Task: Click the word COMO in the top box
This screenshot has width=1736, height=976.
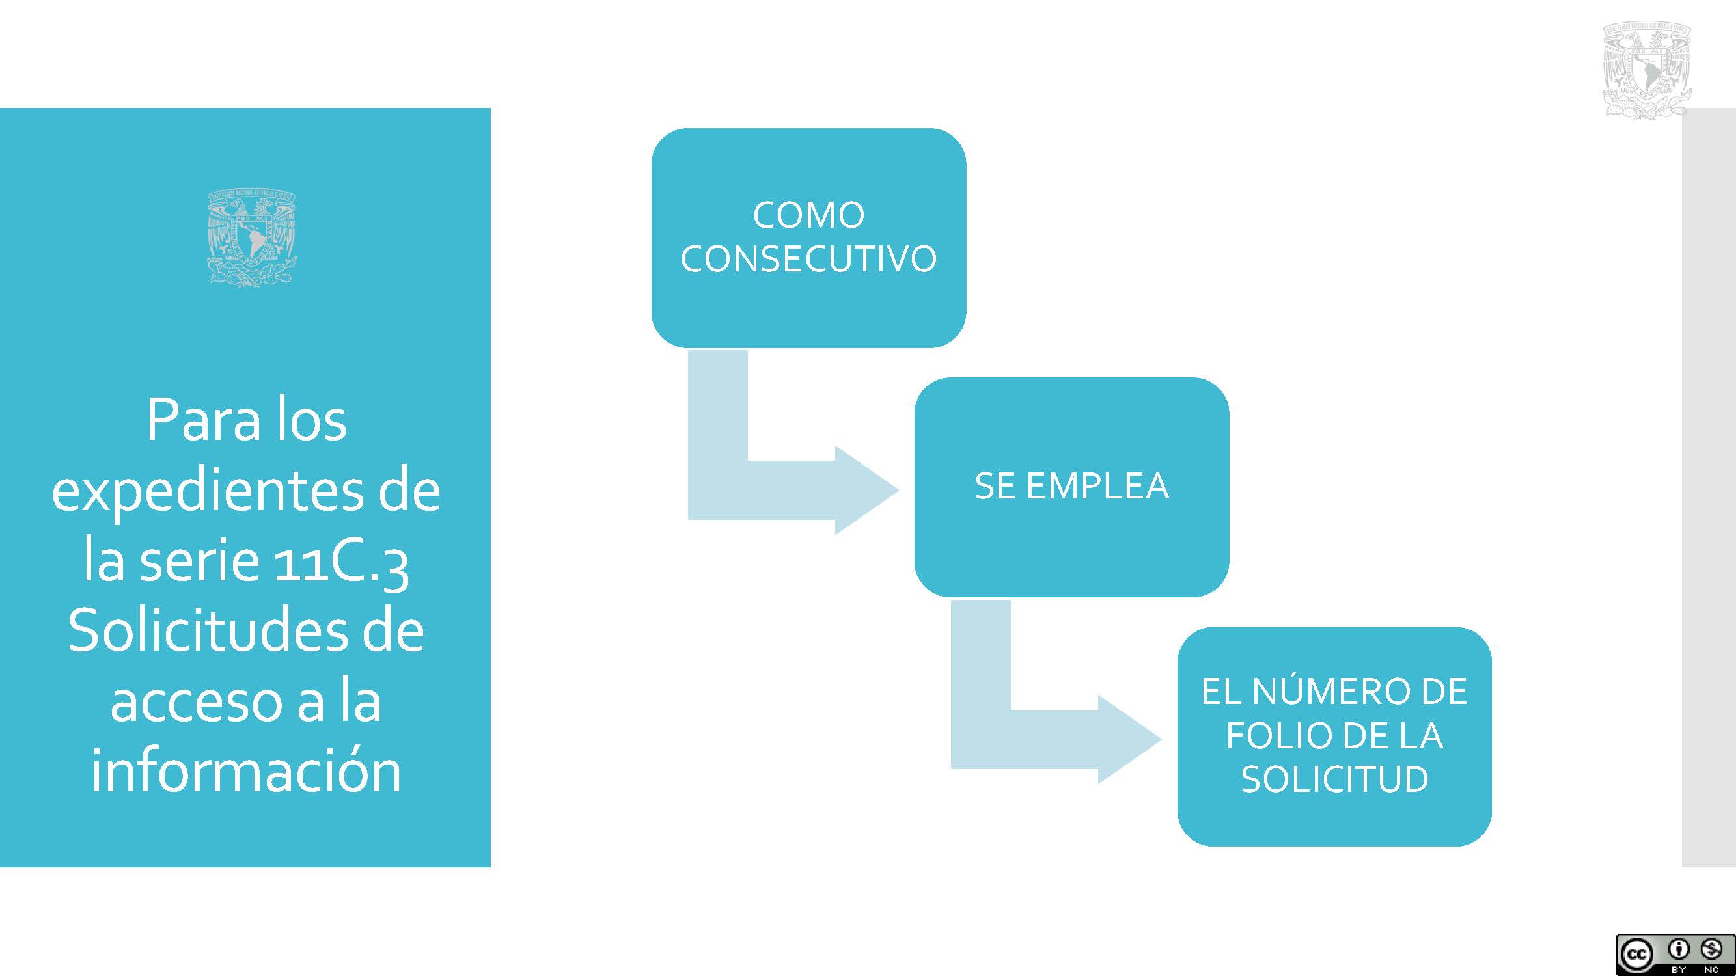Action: point(808,215)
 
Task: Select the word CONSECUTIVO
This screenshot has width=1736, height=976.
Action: point(808,259)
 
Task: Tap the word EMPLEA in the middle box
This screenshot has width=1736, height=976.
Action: point(1097,485)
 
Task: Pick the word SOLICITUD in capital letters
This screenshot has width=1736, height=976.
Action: point(1334,779)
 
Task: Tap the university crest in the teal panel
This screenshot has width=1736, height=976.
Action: point(252,238)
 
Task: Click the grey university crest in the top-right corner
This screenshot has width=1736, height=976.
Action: point(1646,70)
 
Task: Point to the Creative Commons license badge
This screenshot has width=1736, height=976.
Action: point(1675,955)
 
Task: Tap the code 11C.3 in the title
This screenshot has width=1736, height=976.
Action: point(341,562)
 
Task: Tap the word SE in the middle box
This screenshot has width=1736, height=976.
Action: point(995,485)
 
